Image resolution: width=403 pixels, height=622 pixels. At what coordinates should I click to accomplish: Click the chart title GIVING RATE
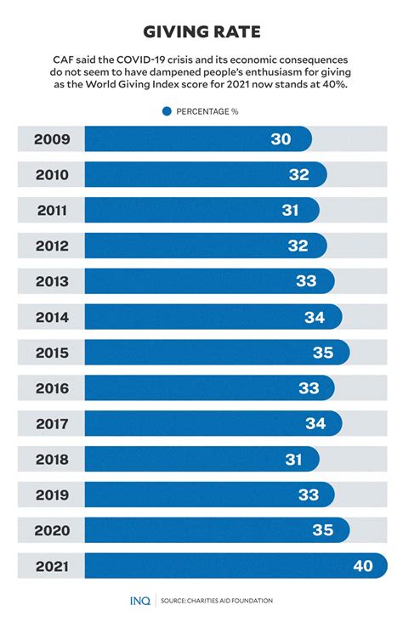click(201, 32)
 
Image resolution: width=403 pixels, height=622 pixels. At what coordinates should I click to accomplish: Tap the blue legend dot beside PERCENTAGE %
click(167, 111)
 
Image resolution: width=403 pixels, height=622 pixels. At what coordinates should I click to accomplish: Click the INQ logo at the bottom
click(140, 601)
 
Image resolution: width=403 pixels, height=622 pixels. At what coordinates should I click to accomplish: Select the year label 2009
click(51, 139)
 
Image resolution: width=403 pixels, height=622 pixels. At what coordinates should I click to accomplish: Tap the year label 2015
click(51, 353)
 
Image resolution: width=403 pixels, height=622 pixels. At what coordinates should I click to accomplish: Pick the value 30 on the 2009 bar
click(281, 139)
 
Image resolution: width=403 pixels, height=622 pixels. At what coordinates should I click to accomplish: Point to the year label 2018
click(51, 460)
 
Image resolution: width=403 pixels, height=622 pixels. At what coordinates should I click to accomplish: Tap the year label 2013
click(51, 281)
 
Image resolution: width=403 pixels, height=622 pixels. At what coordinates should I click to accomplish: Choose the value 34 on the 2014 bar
click(315, 317)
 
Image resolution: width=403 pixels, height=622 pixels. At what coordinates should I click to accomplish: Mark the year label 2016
click(51, 388)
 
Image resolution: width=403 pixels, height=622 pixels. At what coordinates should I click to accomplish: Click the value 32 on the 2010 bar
click(298, 175)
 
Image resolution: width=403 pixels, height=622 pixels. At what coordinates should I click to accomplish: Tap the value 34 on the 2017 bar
click(315, 424)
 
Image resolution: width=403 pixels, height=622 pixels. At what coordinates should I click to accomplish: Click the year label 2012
click(51, 246)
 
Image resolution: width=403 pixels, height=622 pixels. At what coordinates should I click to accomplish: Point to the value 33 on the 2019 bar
click(308, 495)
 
